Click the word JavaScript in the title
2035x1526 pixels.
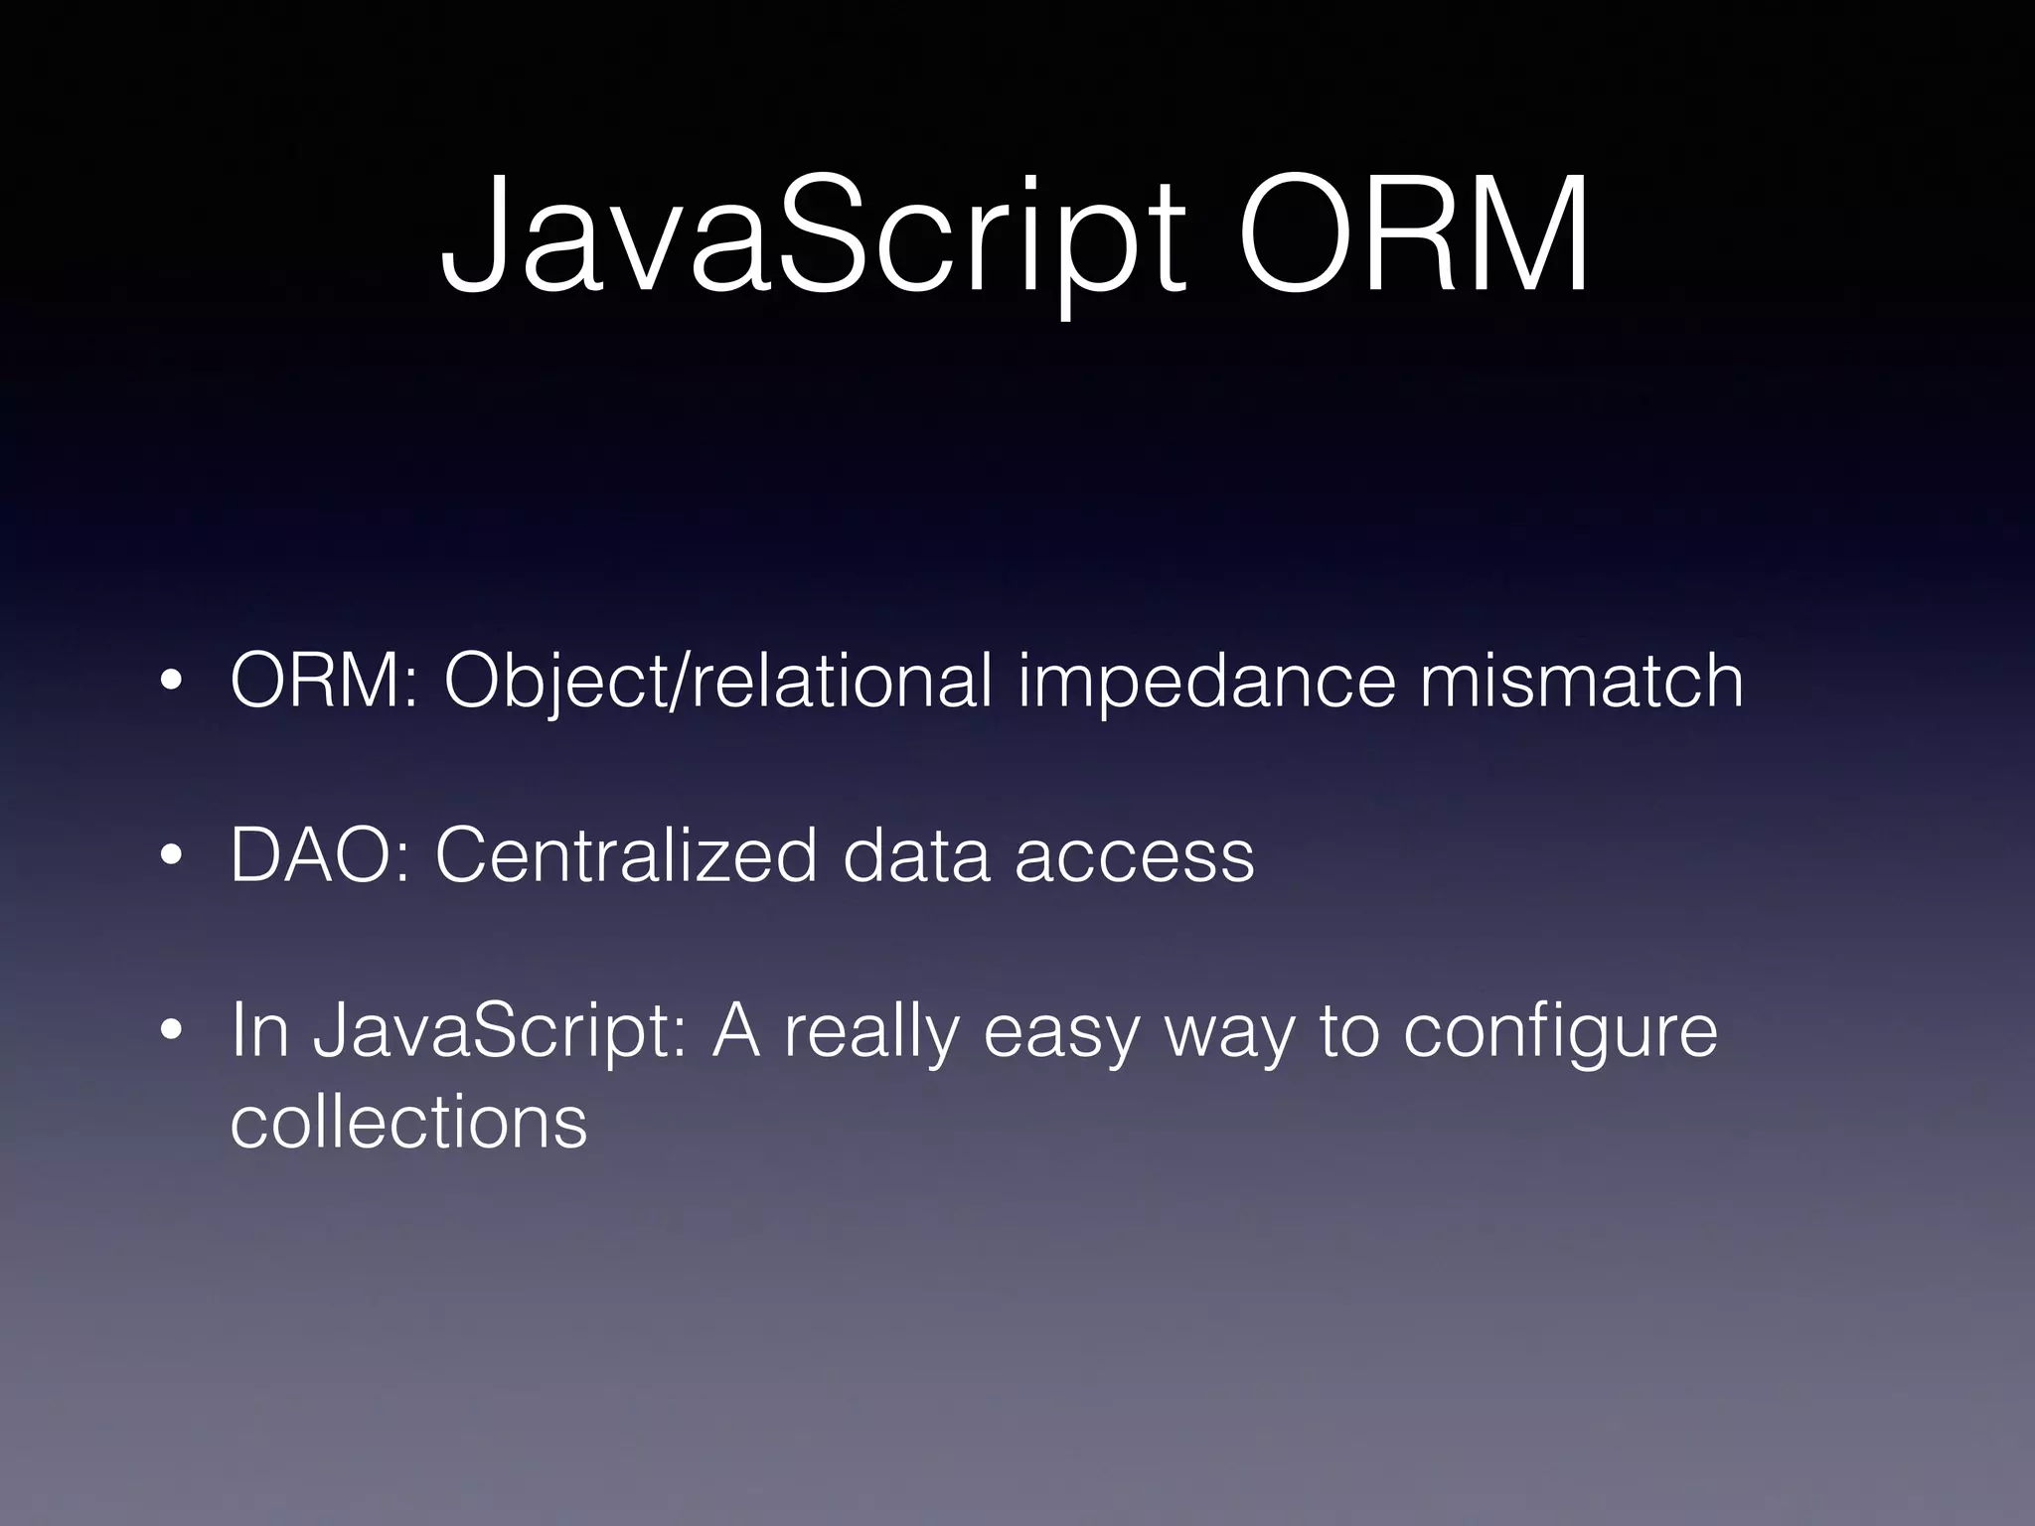pyautogui.click(x=813, y=238)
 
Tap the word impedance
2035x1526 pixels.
pyautogui.click(x=1206, y=683)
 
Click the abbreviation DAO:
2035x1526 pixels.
pyautogui.click(x=319, y=855)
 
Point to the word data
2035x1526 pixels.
pyautogui.click(x=916, y=855)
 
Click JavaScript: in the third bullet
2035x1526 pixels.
pyautogui.click(x=500, y=1033)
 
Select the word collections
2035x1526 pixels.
pyautogui.click(x=408, y=1123)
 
